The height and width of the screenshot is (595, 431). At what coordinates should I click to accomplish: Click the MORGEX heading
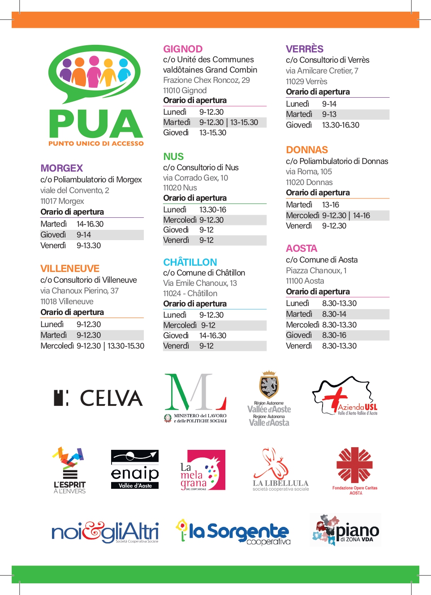[x=62, y=168]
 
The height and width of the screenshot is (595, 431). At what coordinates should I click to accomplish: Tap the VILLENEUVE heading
[x=70, y=268]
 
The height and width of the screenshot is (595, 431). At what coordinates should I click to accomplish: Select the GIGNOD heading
[x=183, y=49]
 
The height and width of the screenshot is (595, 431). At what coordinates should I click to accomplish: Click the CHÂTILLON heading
[x=190, y=262]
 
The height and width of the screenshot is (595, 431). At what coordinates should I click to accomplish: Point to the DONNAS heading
[x=307, y=150]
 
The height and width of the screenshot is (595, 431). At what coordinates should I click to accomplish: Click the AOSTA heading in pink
[x=302, y=248]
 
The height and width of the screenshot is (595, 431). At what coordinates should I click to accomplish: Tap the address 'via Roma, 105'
[x=309, y=172]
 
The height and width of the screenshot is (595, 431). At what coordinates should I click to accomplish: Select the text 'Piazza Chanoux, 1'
[x=316, y=271]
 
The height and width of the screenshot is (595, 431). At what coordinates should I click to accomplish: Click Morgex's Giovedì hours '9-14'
[x=84, y=235]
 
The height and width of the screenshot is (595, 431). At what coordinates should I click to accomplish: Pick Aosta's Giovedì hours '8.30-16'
[x=334, y=335]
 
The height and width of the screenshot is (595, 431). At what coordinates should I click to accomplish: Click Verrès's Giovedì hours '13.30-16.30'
[x=340, y=125]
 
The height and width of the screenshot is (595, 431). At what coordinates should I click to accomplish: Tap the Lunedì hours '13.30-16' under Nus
[x=213, y=210]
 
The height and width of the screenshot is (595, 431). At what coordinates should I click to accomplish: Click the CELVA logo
[x=98, y=398]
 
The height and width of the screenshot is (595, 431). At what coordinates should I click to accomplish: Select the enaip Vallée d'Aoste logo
[x=135, y=470]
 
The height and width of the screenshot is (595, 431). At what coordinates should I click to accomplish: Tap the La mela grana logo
[x=203, y=470]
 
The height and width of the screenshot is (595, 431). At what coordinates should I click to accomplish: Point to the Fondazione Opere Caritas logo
[x=355, y=470]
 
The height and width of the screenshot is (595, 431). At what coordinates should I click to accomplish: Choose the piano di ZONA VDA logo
[x=345, y=530]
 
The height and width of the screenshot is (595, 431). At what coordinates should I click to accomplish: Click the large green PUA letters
[x=96, y=124]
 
